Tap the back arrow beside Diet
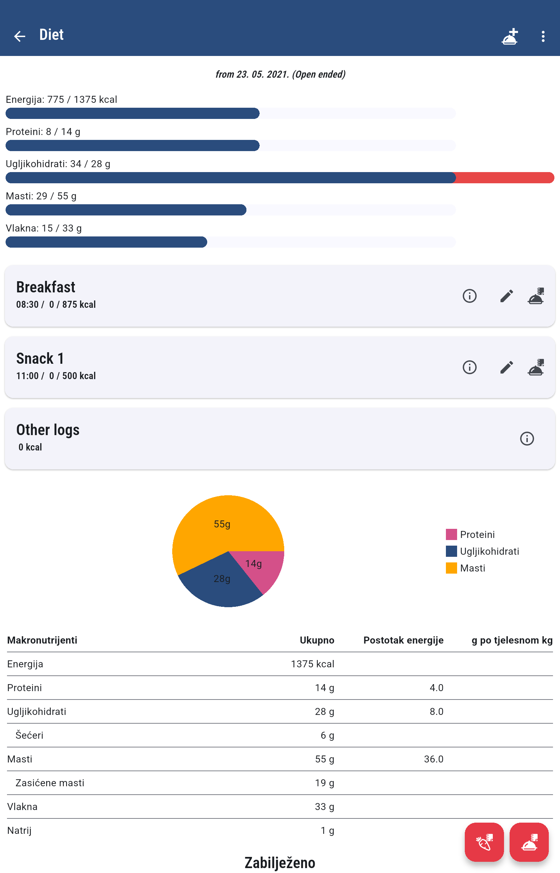point(20,36)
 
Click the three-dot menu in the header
point(542,36)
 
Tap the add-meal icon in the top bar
point(510,36)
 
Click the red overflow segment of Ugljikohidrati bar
point(504,178)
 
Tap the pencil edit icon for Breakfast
point(506,296)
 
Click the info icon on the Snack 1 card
point(469,367)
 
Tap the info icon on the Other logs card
point(526,438)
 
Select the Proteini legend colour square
point(451,534)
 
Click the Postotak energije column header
point(403,640)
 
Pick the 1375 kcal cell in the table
point(312,664)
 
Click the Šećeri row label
point(29,735)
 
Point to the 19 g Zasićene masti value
point(324,782)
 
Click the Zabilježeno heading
point(280,862)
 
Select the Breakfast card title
point(46,287)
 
